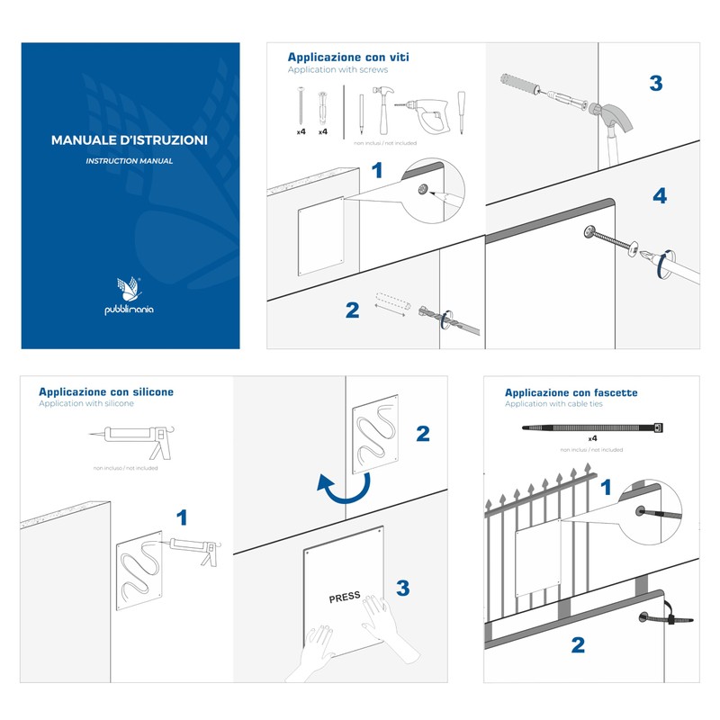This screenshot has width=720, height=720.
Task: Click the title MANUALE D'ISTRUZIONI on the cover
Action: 130,140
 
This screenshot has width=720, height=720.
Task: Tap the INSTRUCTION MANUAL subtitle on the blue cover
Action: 130,161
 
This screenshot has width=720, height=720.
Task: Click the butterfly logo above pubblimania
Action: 130,289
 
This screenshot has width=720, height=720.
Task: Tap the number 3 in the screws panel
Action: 655,84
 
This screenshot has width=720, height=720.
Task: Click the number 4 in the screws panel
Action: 660,195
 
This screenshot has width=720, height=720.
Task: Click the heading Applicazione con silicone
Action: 106,391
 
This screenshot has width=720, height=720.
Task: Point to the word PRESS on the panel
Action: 344,597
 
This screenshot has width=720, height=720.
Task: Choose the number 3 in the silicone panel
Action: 403,588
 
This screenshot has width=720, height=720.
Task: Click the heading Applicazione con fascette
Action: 571,392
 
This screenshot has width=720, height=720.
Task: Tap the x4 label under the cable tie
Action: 593,438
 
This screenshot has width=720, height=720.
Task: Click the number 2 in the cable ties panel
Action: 578,644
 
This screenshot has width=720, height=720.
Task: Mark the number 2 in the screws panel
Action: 353,310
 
